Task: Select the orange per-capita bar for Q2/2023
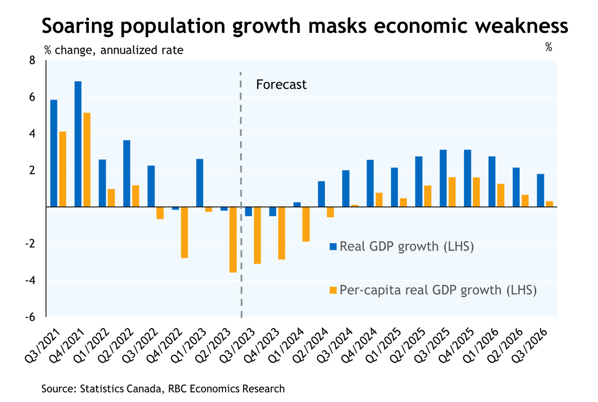pyautogui.click(x=233, y=239)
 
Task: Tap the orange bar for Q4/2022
pyautogui.click(x=185, y=232)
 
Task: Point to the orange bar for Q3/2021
pyautogui.click(x=62, y=169)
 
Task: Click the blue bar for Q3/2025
pyautogui.click(x=443, y=178)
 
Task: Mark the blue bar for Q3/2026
pyautogui.click(x=541, y=190)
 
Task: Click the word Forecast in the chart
pyautogui.click(x=281, y=85)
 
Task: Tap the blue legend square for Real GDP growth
pyautogui.click(x=333, y=246)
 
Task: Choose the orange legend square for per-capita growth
pyautogui.click(x=333, y=290)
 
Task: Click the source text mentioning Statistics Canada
pyautogui.click(x=163, y=388)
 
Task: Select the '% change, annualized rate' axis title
pyautogui.click(x=114, y=50)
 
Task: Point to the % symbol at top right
pyautogui.click(x=548, y=47)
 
